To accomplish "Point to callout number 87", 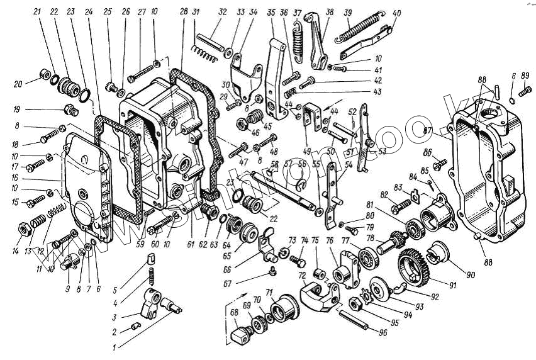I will point(427,130).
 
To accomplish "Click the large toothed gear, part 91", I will point(413,265).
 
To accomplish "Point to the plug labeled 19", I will point(70,111).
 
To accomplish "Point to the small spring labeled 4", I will point(151,276).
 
